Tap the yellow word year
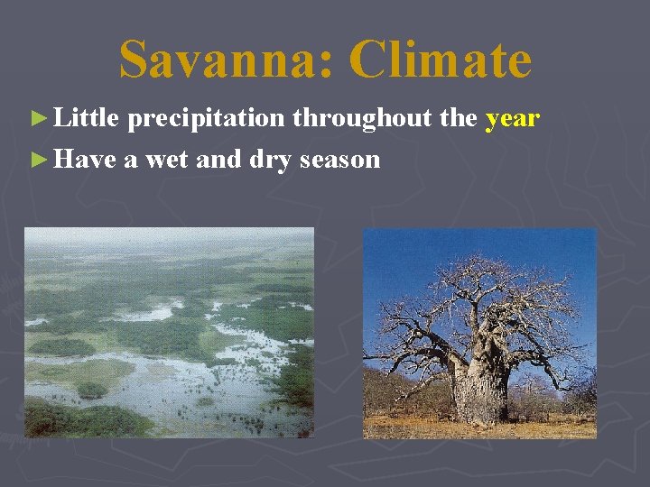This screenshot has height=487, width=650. [512, 118]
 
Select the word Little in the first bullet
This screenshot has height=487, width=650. [88, 118]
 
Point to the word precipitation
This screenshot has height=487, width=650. [206, 119]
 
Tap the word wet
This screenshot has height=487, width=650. [165, 160]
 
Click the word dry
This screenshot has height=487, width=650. [270, 161]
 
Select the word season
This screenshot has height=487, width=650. [339, 161]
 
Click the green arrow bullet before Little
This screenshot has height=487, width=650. [37, 118]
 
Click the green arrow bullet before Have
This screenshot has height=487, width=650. [37, 160]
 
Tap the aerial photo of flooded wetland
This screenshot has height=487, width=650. [169, 343]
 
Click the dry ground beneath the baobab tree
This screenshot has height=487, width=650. [478, 429]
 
